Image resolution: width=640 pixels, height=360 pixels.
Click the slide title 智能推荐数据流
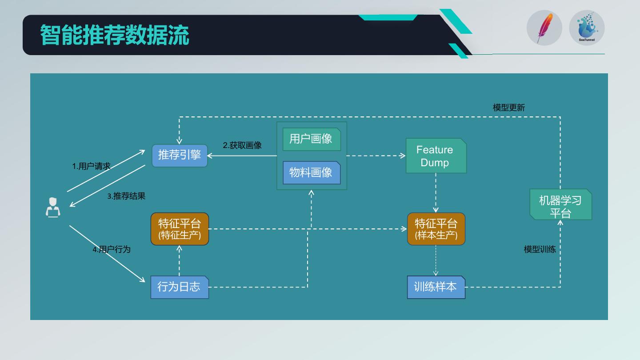point(115,35)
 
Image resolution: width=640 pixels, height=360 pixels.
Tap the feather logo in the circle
point(544,28)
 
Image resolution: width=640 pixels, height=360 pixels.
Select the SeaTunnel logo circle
point(587,28)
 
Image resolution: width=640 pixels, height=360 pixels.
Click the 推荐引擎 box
point(180,156)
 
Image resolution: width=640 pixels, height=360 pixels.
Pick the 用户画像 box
point(311,139)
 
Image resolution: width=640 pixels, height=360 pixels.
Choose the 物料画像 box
point(311,172)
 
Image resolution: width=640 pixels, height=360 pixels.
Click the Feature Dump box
point(436,156)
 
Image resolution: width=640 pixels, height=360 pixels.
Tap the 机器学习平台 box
point(560,205)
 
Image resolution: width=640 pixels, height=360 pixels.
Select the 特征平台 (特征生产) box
point(180,229)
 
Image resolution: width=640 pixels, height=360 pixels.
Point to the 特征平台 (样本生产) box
point(436,229)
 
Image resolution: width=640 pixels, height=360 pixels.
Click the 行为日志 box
point(179,287)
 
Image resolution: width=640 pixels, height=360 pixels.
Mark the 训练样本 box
point(436,287)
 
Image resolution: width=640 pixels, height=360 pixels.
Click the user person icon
point(53,208)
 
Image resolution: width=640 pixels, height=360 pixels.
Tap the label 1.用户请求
point(91,166)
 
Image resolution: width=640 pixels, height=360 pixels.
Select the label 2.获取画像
point(242,145)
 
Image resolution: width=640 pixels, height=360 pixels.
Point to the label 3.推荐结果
point(126,196)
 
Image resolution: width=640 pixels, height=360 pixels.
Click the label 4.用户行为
point(112,249)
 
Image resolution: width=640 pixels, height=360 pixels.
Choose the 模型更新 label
point(509,108)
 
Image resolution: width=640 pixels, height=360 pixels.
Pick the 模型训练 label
point(540,249)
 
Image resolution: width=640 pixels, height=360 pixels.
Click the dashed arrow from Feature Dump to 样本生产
point(436,192)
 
